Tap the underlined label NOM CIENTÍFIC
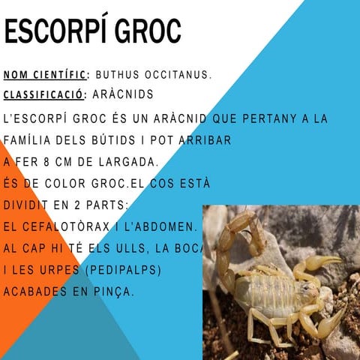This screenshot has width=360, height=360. [46, 75]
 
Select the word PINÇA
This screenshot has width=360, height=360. [112, 290]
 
